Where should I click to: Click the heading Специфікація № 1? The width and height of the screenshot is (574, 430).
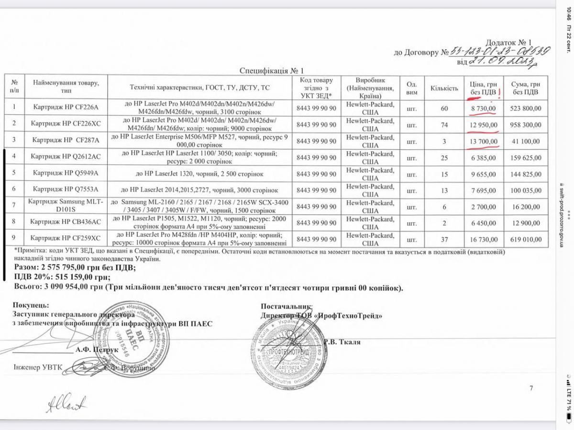[x=271, y=70]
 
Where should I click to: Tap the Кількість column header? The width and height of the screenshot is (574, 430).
[x=444, y=88]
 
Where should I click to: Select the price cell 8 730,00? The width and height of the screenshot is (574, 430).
[x=484, y=109]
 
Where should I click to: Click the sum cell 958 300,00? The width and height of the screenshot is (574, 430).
[x=525, y=124]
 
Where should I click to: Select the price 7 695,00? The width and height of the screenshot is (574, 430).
[x=484, y=190]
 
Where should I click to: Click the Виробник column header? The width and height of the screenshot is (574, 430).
[x=370, y=88]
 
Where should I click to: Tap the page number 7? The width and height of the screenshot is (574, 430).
[x=531, y=388]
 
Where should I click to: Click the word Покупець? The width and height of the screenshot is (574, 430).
[x=31, y=305]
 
